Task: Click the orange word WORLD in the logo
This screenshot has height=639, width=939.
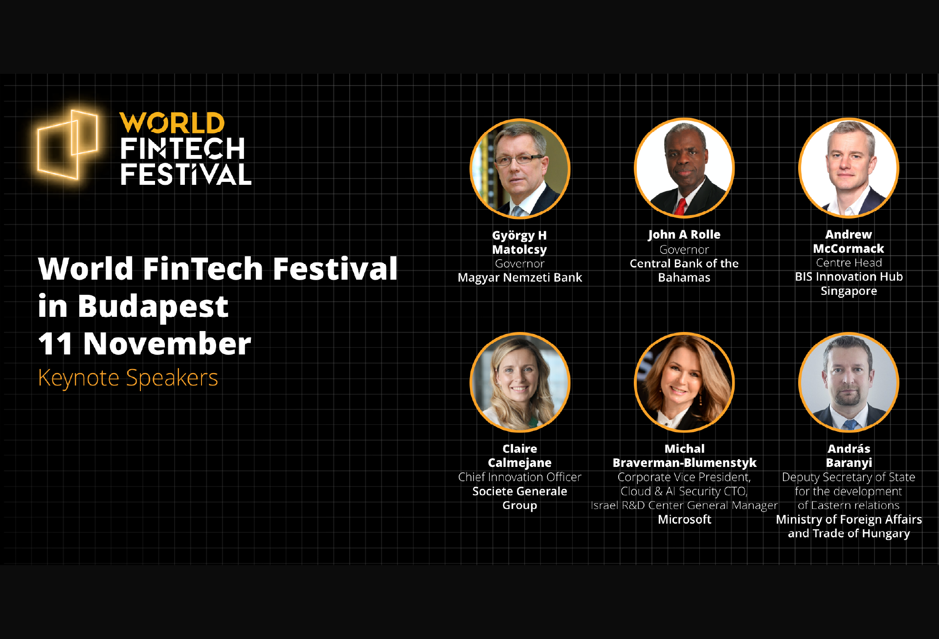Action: (x=172, y=123)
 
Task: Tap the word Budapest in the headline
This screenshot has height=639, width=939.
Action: (x=153, y=307)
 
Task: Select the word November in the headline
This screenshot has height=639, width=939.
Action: (x=167, y=343)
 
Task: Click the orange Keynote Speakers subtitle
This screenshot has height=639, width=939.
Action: (x=128, y=378)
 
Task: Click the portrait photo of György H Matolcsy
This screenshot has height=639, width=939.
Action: (x=520, y=169)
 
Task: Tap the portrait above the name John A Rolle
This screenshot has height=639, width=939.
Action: (x=684, y=168)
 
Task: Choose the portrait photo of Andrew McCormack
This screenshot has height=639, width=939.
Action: (x=849, y=168)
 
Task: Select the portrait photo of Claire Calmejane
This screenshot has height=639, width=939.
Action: (x=520, y=382)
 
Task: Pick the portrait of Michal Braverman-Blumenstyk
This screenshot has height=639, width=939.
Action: (x=684, y=382)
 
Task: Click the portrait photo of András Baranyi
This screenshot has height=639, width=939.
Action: (x=849, y=382)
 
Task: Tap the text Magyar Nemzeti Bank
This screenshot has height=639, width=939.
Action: (x=520, y=278)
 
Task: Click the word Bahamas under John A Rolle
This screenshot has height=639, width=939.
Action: (x=684, y=278)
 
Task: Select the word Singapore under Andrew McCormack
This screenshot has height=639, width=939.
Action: (x=849, y=291)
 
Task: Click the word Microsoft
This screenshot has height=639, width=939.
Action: (x=685, y=519)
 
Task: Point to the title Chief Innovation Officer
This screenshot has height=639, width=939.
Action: (x=520, y=477)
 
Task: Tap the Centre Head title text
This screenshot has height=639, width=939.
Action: (x=849, y=263)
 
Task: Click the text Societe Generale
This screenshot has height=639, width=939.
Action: (x=520, y=491)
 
